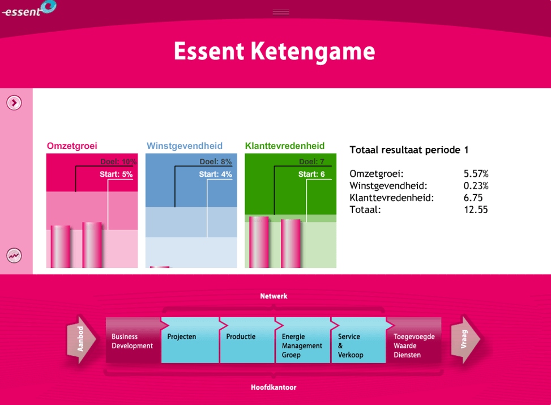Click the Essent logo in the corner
(29, 9)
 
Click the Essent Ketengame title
(275, 52)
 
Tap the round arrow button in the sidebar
(14, 103)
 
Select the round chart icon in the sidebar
(14, 255)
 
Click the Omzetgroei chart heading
(72, 146)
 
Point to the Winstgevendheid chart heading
(185, 146)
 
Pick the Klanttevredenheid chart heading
(285, 146)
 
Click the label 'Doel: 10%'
(118, 162)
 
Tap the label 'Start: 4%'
(215, 174)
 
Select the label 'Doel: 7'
(311, 162)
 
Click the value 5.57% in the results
(476, 174)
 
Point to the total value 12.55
(476, 210)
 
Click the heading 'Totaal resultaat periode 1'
(409, 150)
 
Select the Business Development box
(134, 340)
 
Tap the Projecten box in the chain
(190, 340)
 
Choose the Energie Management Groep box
(303, 340)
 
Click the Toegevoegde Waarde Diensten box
(413, 340)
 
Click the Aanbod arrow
(82, 339)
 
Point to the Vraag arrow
(465, 339)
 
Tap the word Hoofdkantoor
(274, 387)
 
